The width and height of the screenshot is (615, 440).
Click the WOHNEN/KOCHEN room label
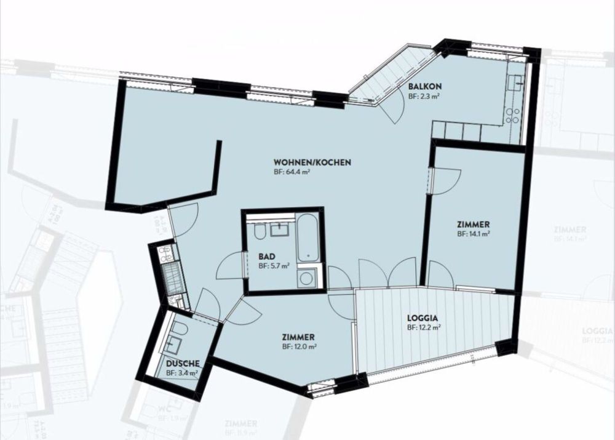pyautogui.click(x=312, y=162)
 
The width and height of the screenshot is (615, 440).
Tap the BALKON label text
pyautogui.click(x=425, y=86)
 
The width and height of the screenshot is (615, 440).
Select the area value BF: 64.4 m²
pyautogui.click(x=292, y=173)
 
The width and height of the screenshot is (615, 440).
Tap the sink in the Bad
pyautogui.click(x=280, y=230)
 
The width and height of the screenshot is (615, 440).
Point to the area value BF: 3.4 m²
pyautogui.click(x=181, y=373)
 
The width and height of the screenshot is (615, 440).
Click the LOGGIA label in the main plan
pyautogui.click(x=423, y=318)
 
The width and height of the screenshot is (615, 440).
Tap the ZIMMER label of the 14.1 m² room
pyautogui.click(x=474, y=224)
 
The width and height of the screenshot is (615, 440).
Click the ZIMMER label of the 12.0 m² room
pyautogui.click(x=299, y=337)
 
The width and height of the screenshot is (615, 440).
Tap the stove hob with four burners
pyautogui.click(x=512, y=115)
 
